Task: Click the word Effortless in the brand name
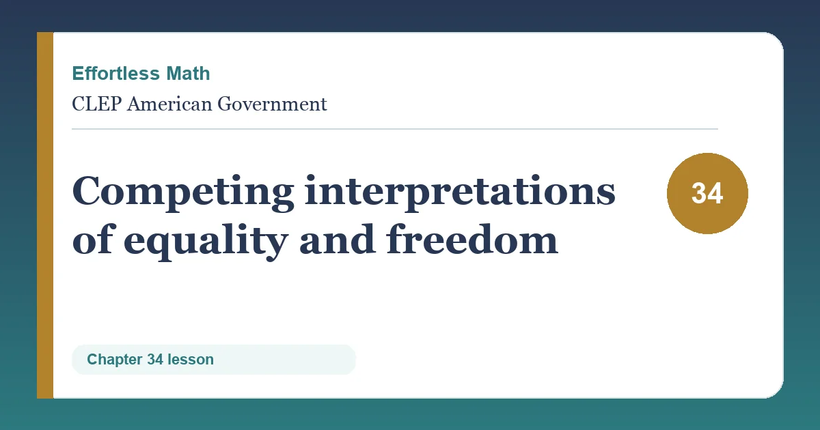click(x=115, y=73)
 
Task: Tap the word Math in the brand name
click(x=188, y=73)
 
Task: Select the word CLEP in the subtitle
click(x=96, y=104)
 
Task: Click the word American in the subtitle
click(x=169, y=104)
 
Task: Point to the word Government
click(x=272, y=104)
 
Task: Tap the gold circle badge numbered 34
click(x=707, y=193)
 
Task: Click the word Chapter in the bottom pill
click(x=115, y=360)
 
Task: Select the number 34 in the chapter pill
click(x=155, y=360)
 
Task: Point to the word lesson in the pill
click(x=191, y=360)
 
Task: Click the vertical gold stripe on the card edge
click(x=45, y=215)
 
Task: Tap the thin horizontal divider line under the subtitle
click(x=395, y=129)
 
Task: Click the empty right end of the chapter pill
click(x=329, y=360)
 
